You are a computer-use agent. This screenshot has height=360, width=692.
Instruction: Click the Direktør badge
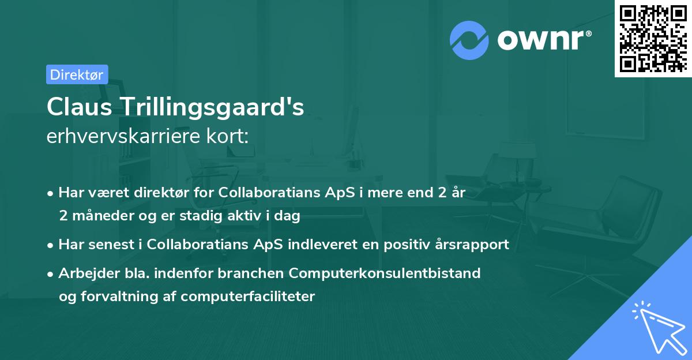point(77,74)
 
